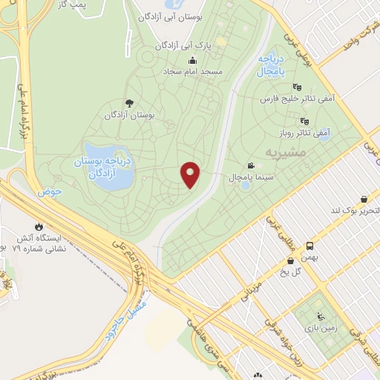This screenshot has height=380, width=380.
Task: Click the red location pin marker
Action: tap(191, 174)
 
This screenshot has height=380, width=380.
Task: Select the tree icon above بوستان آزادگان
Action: tap(130, 104)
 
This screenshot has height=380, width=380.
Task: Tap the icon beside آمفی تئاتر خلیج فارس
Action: tap(298, 86)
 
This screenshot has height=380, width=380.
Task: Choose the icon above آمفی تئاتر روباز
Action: tap(304, 121)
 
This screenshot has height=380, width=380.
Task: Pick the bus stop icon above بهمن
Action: tap(309, 246)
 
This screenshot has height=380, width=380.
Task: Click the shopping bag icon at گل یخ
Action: tap(290, 261)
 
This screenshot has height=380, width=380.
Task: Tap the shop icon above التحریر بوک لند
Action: tap(364, 199)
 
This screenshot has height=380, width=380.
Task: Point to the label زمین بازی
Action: tap(325, 326)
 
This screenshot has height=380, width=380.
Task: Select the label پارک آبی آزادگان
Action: tap(183, 45)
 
